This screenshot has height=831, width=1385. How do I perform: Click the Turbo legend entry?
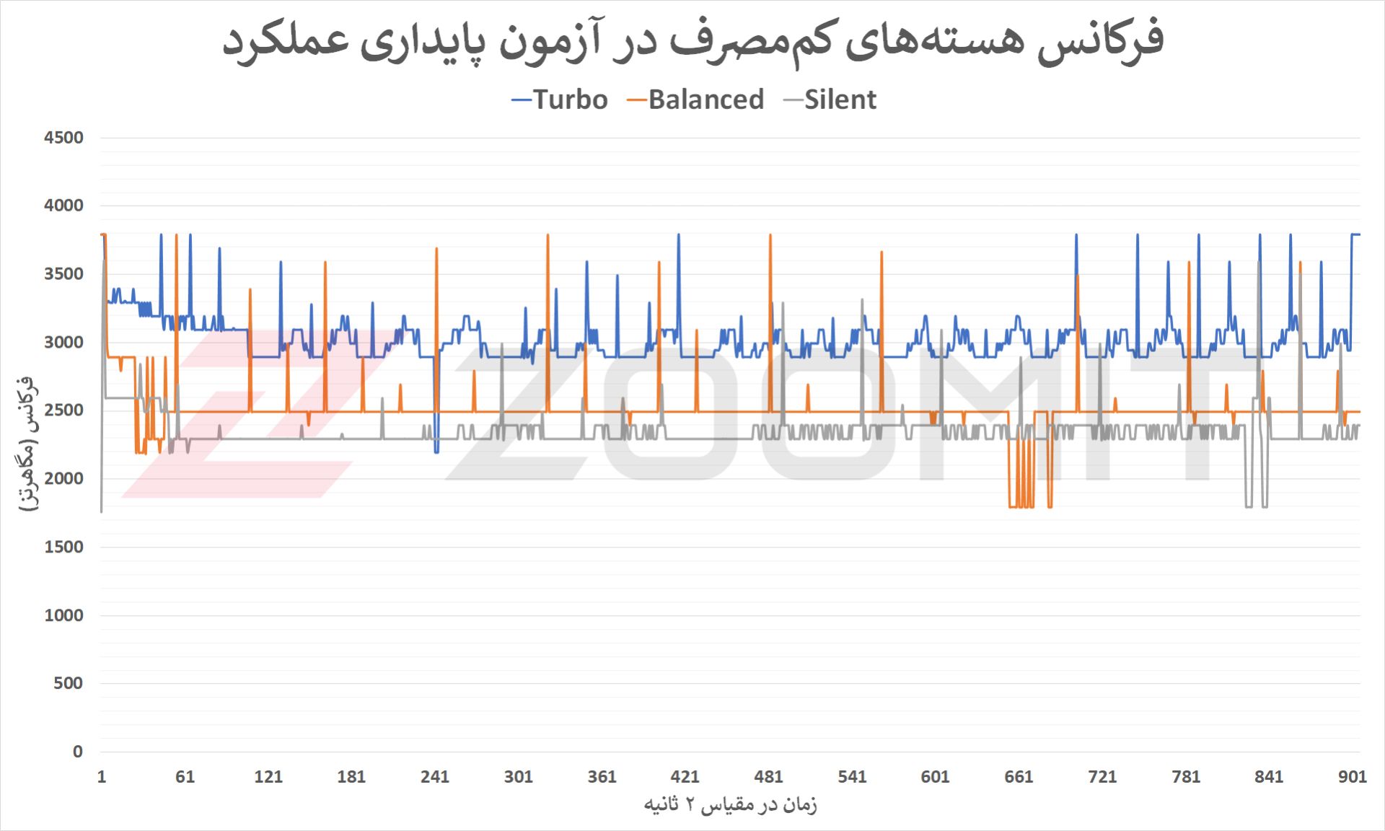click(x=560, y=100)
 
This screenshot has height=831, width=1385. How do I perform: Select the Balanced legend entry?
click(x=696, y=100)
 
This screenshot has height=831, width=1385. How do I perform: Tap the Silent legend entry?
click(x=830, y=100)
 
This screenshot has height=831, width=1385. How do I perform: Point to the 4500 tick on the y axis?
click(x=63, y=138)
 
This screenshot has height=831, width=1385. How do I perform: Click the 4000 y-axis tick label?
click(x=63, y=206)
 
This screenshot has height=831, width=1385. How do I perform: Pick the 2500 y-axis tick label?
click(x=63, y=410)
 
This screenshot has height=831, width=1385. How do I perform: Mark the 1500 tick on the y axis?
click(x=63, y=547)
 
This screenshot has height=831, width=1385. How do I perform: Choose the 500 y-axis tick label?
click(x=68, y=683)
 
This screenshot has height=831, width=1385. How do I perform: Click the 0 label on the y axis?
click(x=77, y=752)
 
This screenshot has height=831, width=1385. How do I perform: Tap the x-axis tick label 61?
click(x=185, y=777)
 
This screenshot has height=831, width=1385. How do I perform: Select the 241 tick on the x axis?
click(x=435, y=777)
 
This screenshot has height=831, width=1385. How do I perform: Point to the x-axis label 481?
click(x=768, y=777)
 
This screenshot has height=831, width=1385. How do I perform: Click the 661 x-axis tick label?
click(x=1019, y=777)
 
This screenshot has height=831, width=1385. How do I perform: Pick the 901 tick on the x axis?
click(x=1353, y=777)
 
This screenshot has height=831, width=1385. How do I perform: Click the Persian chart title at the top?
click(x=692, y=40)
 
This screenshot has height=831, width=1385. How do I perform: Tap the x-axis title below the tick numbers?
click(x=730, y=804)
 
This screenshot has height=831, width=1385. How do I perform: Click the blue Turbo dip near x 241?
click(x=436, y=452)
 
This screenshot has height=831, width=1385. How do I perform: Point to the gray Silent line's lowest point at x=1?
click(x=102, y=511)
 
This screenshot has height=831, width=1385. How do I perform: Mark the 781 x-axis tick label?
click(x=1186, y=777)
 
